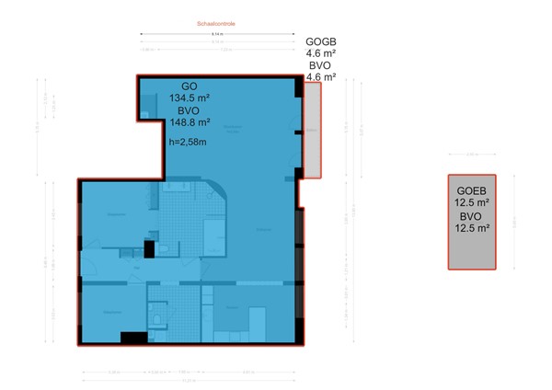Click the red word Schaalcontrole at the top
pos(217,23)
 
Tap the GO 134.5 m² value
pos(189,95)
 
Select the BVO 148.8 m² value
pos(189,121)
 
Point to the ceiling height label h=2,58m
pos(189,143)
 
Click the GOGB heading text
pos(320,41)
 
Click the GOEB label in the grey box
pos(471,190)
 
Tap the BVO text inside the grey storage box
pos(471,216)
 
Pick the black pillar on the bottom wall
pos(134,338)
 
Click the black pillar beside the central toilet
pos(148,248)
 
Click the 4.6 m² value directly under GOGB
pos(320,53)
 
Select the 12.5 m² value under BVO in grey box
pos(471,228)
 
